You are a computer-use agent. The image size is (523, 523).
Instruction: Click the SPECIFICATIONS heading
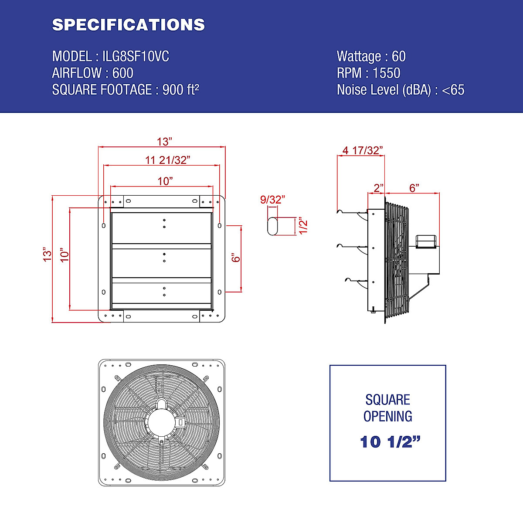(x=128, y=25)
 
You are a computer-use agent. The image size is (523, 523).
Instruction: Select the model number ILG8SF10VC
(x=136, y=56)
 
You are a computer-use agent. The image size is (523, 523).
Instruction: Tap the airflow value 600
(x=123, y=73)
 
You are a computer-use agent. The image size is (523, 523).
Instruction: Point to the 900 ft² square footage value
(x=180, y=89)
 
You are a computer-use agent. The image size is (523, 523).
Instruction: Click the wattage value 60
(x=398, y=56)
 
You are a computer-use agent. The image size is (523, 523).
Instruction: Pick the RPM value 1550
(x=386, y=73)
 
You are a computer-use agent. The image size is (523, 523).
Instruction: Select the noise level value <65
(x=453, y=90)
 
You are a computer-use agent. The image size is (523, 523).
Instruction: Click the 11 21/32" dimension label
(x=168, y=160)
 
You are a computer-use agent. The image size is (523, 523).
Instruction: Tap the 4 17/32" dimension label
(x=363, y=150)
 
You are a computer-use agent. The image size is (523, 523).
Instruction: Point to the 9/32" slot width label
(x=272, y=200)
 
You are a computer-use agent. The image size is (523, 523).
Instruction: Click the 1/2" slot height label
(x=303, y=225)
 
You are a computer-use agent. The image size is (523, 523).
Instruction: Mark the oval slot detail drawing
(x=272, y=226)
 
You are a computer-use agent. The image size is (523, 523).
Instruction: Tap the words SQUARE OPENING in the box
(x=387, y=408)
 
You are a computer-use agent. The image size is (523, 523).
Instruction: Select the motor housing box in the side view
(x=427, y=241)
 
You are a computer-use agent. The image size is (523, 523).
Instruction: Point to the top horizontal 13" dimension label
(x=165, y=142)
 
